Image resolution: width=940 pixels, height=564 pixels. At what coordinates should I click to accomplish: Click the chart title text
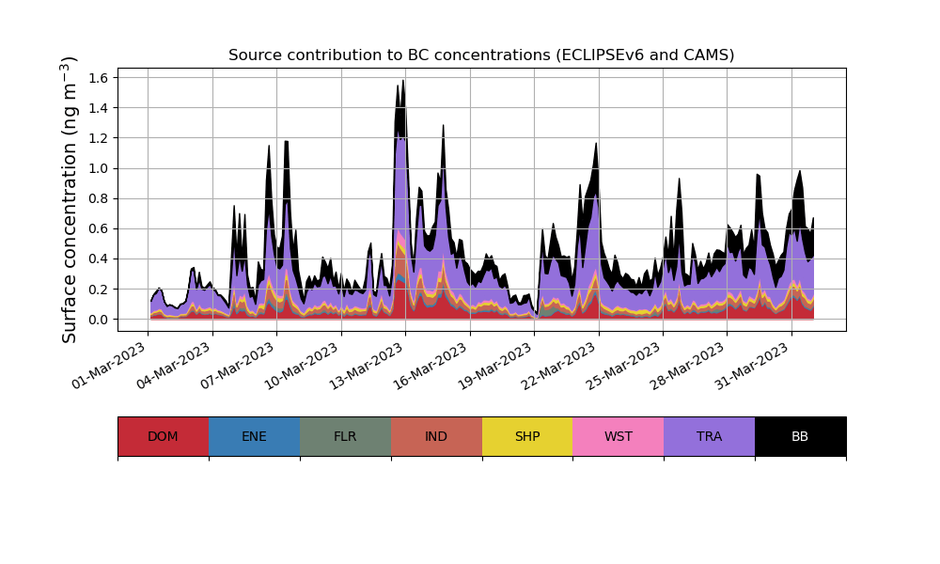[x=481, y=55]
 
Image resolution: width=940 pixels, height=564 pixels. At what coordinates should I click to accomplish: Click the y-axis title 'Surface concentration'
[x=70, y=199]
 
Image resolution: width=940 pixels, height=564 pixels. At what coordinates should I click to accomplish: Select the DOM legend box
[x=163, y=436]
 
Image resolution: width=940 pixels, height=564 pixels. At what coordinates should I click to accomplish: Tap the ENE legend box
[x=254, y=436]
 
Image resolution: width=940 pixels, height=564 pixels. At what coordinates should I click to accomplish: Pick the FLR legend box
[x=345, y=436]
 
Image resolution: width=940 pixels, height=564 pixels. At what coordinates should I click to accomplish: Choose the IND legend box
[x=436, y=436]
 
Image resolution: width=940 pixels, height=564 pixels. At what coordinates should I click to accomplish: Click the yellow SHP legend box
[x=527, y=436]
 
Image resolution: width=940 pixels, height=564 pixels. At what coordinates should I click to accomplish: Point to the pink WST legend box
[x=619, y=436]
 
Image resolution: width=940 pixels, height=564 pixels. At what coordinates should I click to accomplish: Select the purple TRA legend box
[x=710, y=436]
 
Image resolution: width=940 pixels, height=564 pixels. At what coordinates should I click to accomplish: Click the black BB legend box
[x=800, y=436]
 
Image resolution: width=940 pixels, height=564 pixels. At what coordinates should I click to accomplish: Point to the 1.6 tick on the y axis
[x=99, y=78]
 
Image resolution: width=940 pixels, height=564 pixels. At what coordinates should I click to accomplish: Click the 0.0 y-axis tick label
[x=99, y=320]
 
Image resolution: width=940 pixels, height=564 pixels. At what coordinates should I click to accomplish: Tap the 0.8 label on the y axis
[x=99, y=198]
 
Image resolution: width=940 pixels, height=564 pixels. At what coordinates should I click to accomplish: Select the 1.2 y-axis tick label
[x=99, y=138]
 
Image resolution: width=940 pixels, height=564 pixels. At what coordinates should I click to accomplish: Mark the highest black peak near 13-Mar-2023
[x=403, y=82]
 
